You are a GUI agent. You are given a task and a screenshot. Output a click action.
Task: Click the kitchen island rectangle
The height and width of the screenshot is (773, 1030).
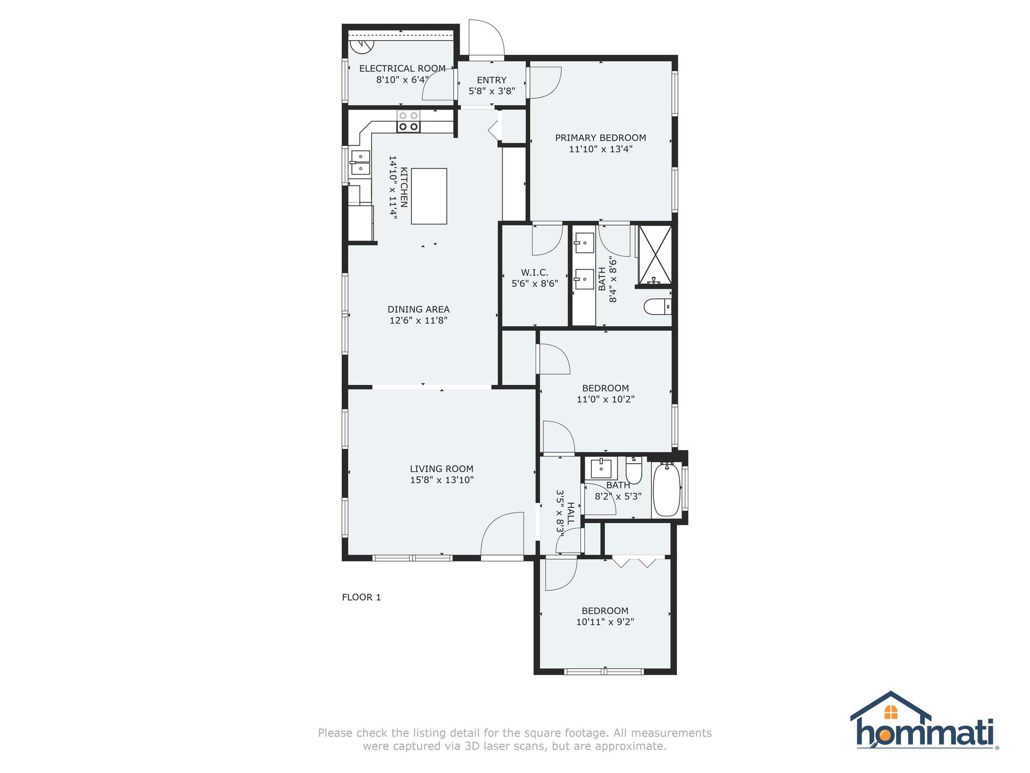pos(429,196)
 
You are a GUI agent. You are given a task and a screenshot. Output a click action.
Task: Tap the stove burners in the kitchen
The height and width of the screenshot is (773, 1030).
pos(408,121)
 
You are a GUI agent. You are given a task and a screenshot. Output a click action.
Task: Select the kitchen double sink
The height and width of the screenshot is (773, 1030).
pos(360,163)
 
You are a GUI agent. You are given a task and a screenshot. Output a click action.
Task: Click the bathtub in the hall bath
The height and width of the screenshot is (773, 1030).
pos(666,490)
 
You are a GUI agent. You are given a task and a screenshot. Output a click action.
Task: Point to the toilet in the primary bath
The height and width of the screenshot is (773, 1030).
pos(658,307)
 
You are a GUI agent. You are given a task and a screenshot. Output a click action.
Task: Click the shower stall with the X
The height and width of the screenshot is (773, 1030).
pos(654,255)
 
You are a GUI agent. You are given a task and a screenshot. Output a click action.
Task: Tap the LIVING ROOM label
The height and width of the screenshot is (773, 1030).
pos(442,469)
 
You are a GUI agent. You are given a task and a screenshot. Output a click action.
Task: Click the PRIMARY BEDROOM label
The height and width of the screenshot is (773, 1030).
pos(600,138)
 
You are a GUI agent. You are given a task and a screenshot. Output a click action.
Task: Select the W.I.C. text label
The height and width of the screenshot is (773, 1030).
pos(534,273)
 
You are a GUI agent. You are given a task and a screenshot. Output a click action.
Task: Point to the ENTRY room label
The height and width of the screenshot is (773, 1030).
pos(491,80)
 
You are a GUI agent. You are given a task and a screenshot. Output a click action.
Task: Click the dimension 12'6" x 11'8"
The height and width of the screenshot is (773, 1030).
pos(418,320)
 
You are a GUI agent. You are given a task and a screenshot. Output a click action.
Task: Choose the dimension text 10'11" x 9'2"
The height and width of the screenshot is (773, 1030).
pos(605,622)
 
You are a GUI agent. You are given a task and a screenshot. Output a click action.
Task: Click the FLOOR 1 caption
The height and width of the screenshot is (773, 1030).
pos(362,597)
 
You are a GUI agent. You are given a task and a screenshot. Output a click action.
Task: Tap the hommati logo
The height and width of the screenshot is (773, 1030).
pos(924,720)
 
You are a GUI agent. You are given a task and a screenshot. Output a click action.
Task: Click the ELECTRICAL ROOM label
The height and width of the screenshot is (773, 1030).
pos(402,69)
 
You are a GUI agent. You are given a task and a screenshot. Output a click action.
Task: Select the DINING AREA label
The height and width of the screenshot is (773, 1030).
pos(418,309)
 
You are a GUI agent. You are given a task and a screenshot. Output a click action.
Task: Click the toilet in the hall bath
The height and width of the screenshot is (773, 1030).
pos(634,470)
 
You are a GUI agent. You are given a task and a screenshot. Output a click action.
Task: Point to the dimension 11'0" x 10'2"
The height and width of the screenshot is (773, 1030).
pos(606,399)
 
